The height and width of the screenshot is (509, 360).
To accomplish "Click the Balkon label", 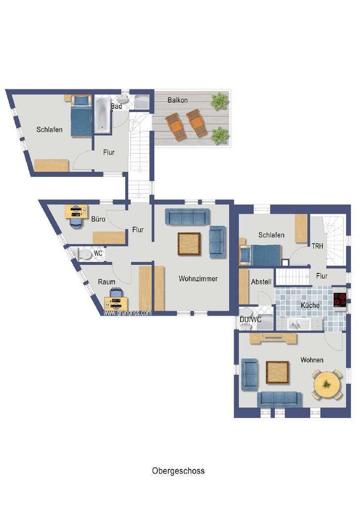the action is point(178,100).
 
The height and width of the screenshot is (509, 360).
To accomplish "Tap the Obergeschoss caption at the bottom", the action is point(178,471).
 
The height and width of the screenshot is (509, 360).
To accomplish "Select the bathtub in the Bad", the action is point(102,115).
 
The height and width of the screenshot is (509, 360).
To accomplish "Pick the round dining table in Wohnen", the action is point(327,385).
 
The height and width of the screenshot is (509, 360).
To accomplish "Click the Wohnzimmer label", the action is point(198,278).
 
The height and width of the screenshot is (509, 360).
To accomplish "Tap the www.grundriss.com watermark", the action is point(127,313).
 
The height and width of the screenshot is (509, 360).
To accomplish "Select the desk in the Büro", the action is point(76,212).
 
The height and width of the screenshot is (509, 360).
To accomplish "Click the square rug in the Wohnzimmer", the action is point(189,244).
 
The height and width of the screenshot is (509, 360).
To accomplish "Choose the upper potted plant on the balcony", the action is point(218,100).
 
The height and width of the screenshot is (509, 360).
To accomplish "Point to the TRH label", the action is point(317,247).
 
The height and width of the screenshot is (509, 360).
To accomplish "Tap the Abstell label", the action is point(262,282).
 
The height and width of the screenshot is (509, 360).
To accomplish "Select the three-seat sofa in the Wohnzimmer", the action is point(187,217).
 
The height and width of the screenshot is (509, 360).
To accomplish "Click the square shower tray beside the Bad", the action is point(142,102).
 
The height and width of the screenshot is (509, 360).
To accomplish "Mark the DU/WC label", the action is point(250,320).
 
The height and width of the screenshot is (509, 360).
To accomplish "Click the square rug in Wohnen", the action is point(277,372).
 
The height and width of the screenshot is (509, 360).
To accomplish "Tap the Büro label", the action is point(98,219).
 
